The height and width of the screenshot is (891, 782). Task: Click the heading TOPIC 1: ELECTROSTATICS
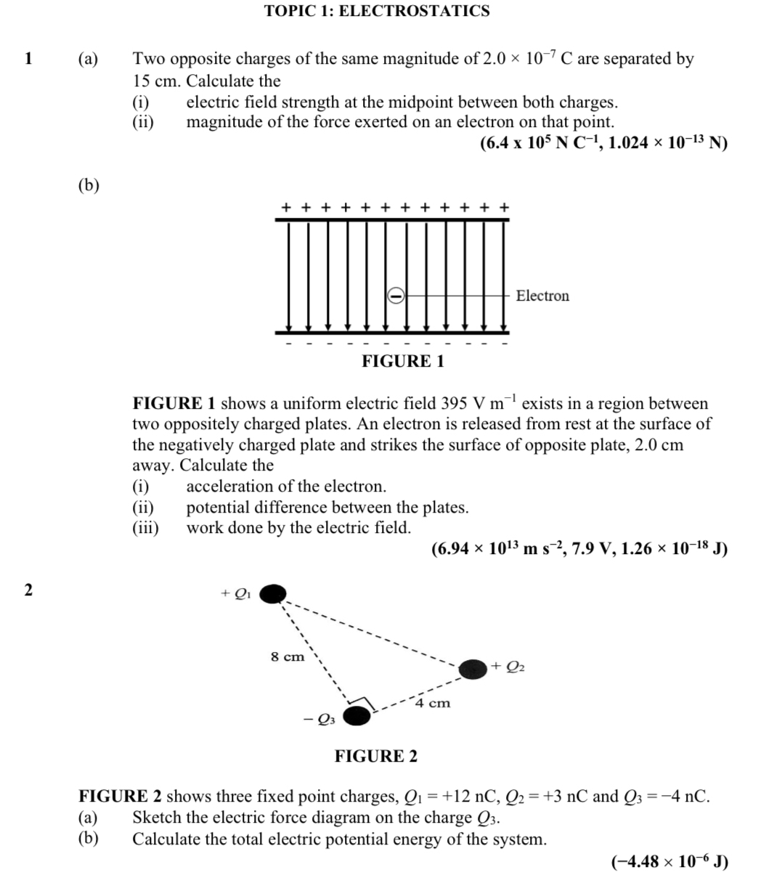pos(377,11)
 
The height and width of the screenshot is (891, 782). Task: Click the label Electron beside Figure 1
pos(542,296)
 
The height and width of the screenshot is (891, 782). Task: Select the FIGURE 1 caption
pos(403,361)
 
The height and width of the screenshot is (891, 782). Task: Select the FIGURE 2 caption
pos(376,756)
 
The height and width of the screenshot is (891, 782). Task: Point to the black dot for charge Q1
pos(273,594)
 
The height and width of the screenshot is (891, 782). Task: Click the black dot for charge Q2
pos(473,668)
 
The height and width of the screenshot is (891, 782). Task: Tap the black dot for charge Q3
pos(356,717)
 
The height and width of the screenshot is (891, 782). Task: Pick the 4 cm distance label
pos(433,703)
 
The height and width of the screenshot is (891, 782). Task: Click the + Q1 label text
pos(236,593)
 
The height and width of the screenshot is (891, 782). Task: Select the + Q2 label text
pos(508,666)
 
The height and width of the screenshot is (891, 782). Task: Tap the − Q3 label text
pos(319,720)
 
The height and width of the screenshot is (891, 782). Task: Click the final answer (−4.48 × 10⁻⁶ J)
pos(670,862)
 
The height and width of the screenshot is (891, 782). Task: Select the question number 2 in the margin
pos(28,590)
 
